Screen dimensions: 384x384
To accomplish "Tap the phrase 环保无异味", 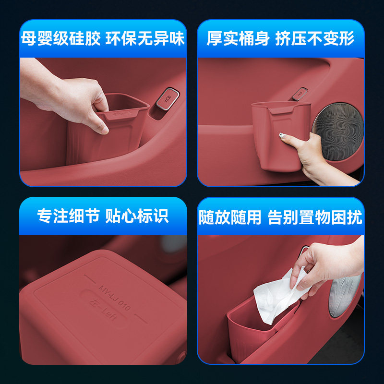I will point(146,38).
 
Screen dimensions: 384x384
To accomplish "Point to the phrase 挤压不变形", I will point(315,38).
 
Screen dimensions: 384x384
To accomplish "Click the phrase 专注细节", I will point(68,216).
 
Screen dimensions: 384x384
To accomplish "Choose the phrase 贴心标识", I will point(141,216).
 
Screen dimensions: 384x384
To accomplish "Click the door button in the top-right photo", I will point(300,91).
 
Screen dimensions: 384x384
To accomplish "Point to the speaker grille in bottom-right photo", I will point(347,298).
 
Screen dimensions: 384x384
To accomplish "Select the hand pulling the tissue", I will point(331,262).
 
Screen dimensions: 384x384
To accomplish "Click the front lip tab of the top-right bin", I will point(279,111).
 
